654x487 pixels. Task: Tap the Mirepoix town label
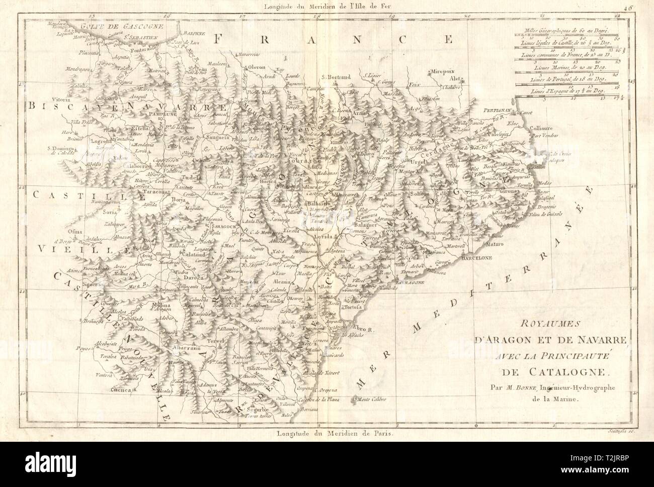click(x=441, y=72)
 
